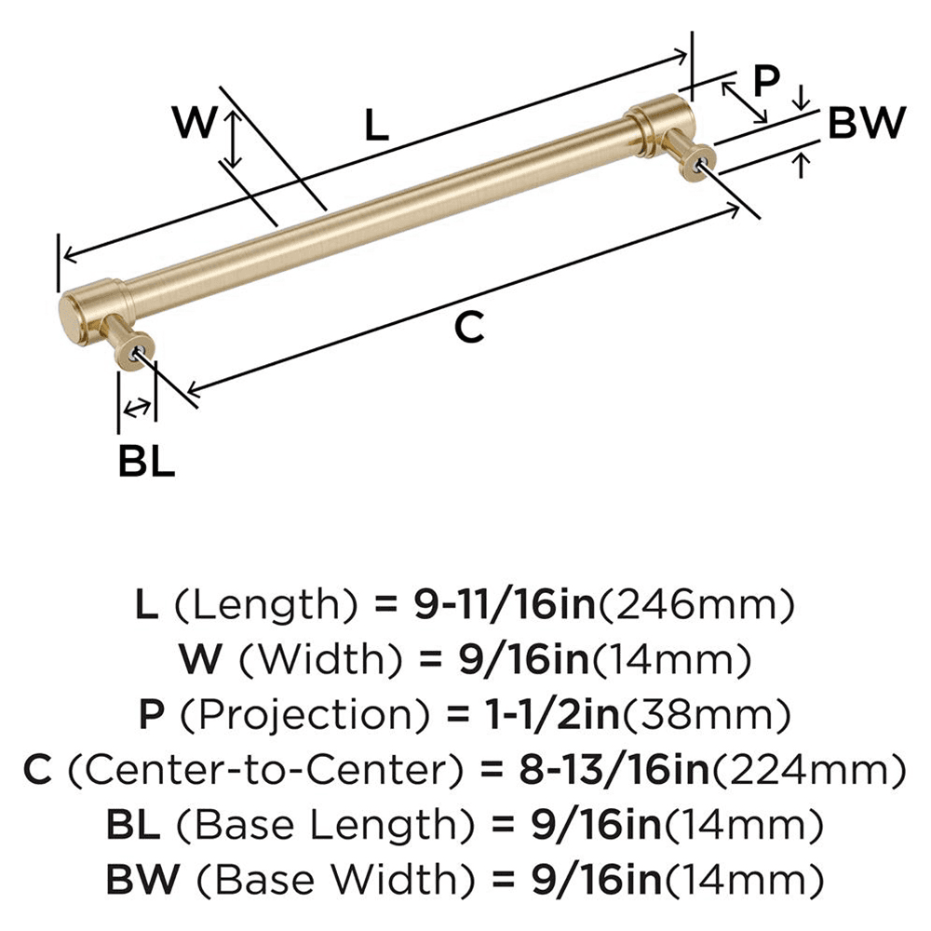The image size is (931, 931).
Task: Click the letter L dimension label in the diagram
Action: tap(375, 125)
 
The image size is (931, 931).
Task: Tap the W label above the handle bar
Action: tap(196, 122)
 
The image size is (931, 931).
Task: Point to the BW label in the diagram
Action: tap(866, 123)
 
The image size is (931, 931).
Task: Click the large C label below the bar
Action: tap(471, 327)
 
